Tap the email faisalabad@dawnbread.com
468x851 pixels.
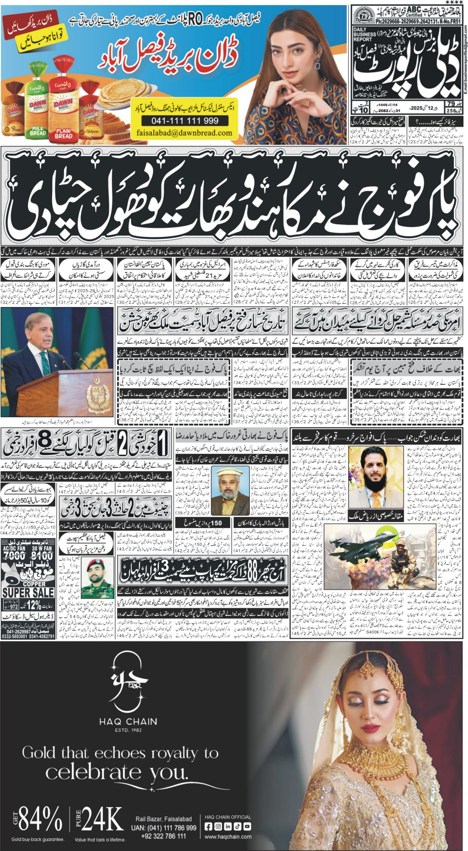click(x=184, y=133)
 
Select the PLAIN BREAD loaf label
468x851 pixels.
click(x=64, y=133)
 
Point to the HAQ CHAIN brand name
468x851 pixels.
click(x=128, y=722)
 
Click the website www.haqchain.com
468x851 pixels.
click(x=228, y=837)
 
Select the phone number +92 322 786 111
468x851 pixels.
click(x=164, y=836)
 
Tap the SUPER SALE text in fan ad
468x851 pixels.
click(x=28, y=592)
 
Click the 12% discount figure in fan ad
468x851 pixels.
click(x=34, y=605)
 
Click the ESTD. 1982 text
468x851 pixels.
click(x=128, y=730)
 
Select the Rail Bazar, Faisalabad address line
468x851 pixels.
click(x=163, y=819)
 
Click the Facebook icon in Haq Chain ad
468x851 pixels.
click(x=208, y=826)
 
